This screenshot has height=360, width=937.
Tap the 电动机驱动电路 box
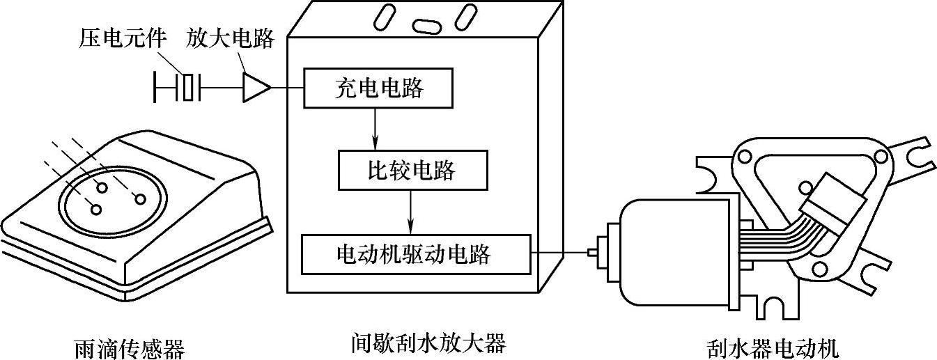pyautogui.click(x=415, y=254)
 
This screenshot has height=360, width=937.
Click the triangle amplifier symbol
pyautogui.click(x=256, y=88)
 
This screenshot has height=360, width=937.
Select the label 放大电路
pyautogui.click(x=230, y=39)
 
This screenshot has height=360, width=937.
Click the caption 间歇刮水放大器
pyautogui.click(x=428, y=343)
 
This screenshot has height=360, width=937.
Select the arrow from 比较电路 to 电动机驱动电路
pyautogui.click(x=410, y=212)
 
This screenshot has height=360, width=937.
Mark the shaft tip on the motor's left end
pyautogui.click(x=593, y=253)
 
